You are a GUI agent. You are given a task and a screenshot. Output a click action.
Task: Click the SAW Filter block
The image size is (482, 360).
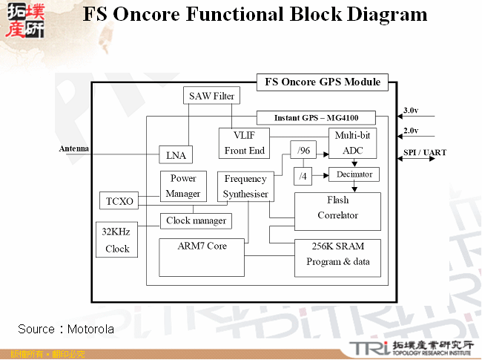pos(212,96)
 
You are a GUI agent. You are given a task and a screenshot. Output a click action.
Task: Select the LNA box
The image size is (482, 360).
pos(176,154)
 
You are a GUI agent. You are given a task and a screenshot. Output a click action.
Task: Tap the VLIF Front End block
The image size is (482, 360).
pos(244,143)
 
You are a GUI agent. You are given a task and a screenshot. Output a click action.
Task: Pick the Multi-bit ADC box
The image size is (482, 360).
pos(353,143)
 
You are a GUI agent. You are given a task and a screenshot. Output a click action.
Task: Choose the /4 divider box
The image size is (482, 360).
pos(303,177)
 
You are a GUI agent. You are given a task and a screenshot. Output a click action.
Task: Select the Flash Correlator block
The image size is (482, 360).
pos(337,208)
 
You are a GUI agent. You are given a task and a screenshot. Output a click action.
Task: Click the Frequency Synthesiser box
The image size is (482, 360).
pos(245,186)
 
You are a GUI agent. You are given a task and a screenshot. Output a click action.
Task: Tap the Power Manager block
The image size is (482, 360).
pos(183,186)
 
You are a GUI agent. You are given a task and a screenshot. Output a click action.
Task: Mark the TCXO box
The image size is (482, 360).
pos(119,201)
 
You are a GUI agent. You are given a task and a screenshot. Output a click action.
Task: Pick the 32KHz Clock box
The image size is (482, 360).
pos(116,240)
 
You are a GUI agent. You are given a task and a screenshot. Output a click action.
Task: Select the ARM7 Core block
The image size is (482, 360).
pos(202,257)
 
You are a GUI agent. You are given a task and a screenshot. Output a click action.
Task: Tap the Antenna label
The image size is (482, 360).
pos(74,148)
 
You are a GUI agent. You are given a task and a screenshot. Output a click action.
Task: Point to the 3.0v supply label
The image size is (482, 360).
pos(410,111)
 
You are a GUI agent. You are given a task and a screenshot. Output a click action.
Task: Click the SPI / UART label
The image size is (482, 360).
pos(425,153)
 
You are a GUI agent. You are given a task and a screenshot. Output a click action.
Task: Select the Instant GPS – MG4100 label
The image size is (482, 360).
pos(315,118)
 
